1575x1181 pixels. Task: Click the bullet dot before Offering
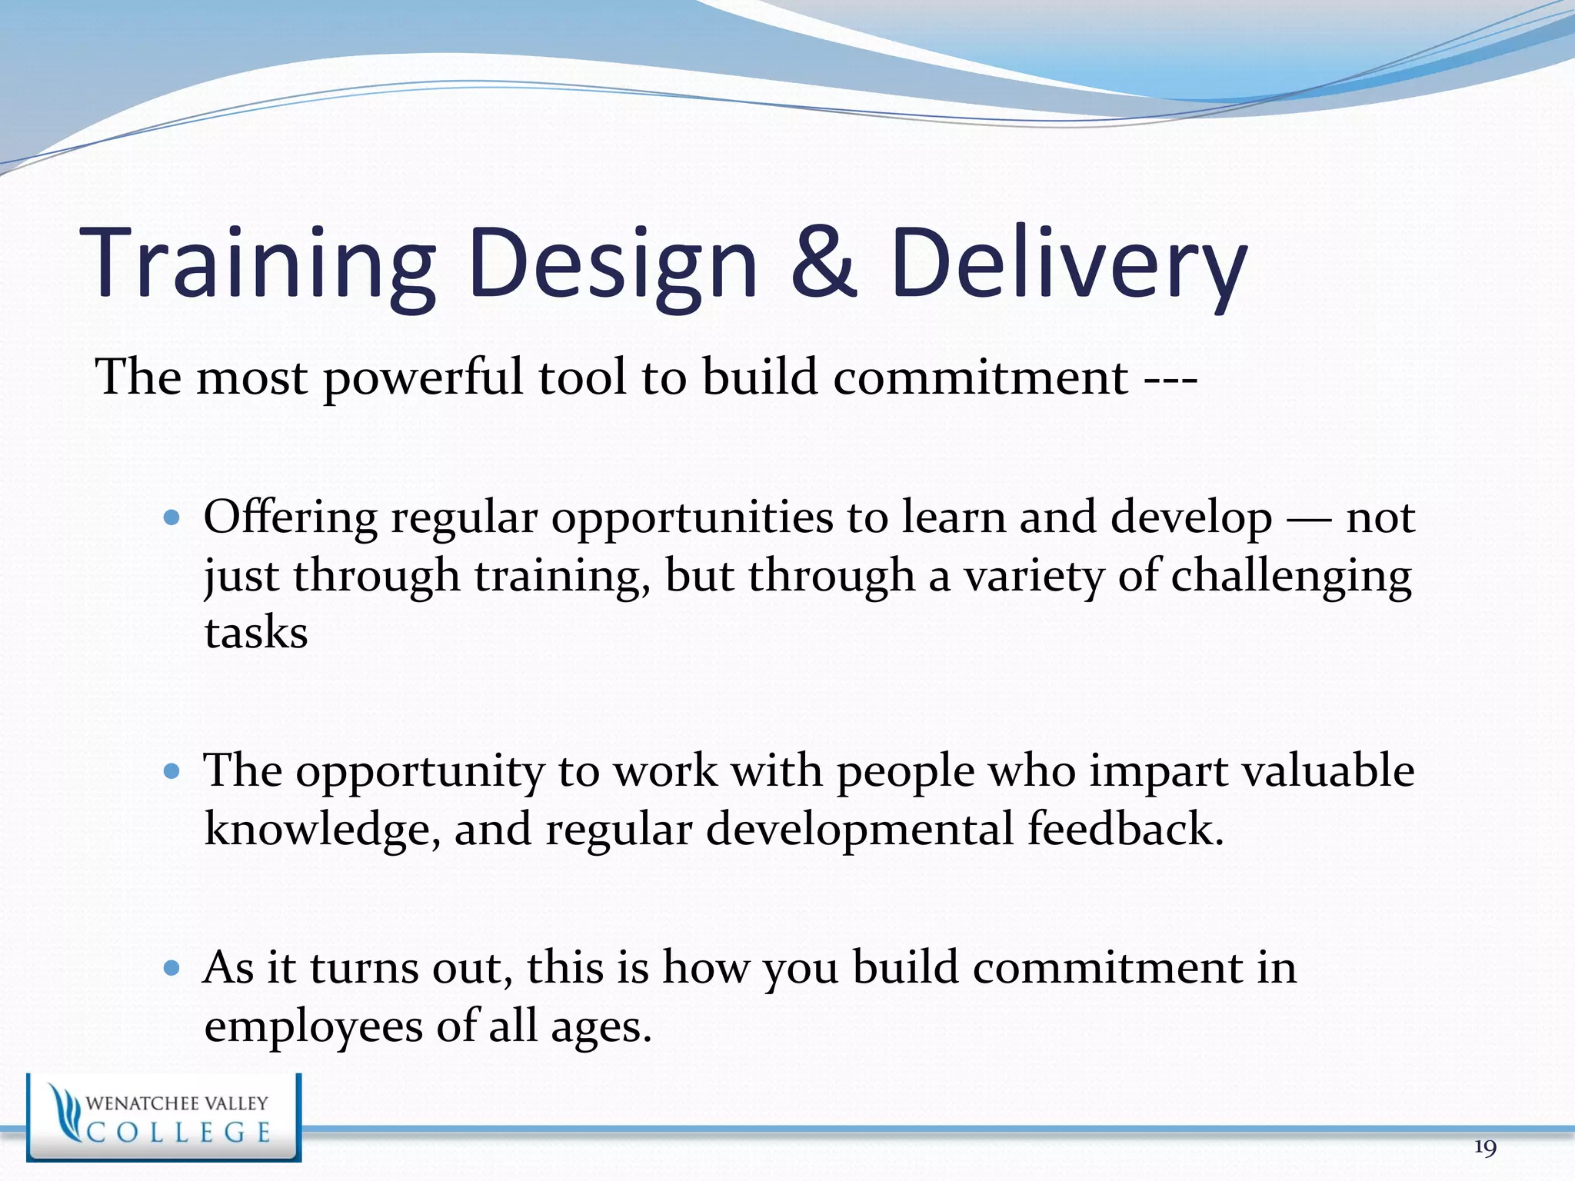click(172, 517)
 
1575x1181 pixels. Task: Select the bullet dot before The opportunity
click(172, 770)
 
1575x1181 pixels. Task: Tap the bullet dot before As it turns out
click(172, 967)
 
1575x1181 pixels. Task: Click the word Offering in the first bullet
click(290, 517)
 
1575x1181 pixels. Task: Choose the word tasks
click(256, 634)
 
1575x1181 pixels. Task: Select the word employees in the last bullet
click(313, 1027)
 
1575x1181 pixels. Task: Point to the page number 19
click(1485, 1148)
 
